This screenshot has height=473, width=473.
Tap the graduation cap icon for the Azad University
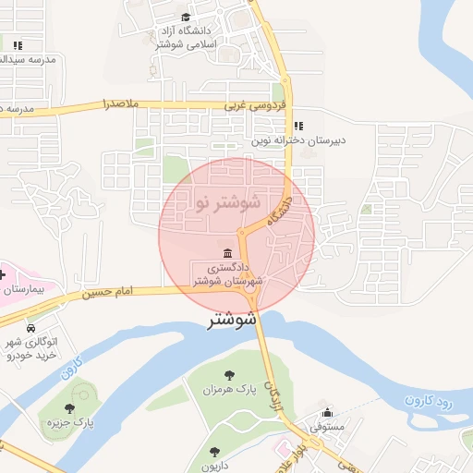(187, 18)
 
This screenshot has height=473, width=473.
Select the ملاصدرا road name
(121, 103)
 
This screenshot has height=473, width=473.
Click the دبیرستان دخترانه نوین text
(299, 141)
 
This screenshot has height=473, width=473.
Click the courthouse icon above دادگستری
(227, 253)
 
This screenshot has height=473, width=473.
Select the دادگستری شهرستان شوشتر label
(228, 274)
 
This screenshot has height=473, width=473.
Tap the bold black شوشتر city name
(232, 321)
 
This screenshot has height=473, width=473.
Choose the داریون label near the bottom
(216, 466)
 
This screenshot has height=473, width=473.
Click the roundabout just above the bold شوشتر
(250, 293)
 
